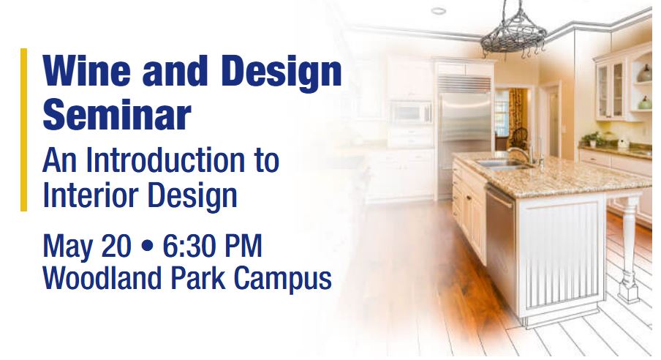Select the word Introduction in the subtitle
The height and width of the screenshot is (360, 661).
[x=165, y=160]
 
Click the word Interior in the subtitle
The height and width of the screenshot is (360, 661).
[x=91, y=195]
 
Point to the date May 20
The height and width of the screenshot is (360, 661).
[x=87, y=246]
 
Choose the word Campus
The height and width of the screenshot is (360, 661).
[x=282, y=279]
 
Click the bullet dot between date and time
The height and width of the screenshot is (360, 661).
[x=147, y=246]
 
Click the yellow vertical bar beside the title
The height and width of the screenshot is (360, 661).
[x=23, y=130]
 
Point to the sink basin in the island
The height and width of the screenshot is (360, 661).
[x=501, y=165]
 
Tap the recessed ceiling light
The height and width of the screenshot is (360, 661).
[x=439, y=10]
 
